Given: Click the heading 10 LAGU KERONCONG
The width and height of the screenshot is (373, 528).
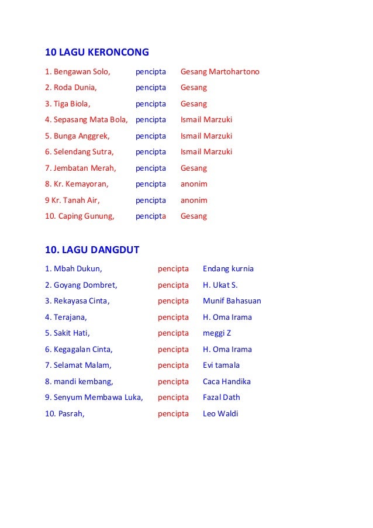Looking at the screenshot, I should [97, 53].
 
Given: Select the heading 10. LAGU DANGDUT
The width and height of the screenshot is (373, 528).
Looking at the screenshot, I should [92, 250].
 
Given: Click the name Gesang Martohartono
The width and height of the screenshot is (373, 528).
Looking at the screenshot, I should [220, 72].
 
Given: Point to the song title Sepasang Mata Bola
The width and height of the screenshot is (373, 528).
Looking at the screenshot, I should [87, 120].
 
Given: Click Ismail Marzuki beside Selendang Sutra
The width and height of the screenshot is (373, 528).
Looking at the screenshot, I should [206, 152].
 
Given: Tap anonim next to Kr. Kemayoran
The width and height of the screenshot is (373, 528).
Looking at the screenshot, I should [194, 184].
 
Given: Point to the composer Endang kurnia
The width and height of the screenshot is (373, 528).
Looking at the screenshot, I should [228, 269].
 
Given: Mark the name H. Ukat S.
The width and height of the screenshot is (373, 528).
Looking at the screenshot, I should [220, 285].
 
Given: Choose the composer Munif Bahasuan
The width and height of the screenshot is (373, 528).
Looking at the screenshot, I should [232, 301].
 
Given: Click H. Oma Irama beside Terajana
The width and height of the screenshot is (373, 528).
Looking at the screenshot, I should [227, 318].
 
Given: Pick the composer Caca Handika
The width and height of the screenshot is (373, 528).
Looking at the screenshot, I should [227, 382].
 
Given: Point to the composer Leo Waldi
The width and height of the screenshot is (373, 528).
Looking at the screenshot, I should [220, 414].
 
